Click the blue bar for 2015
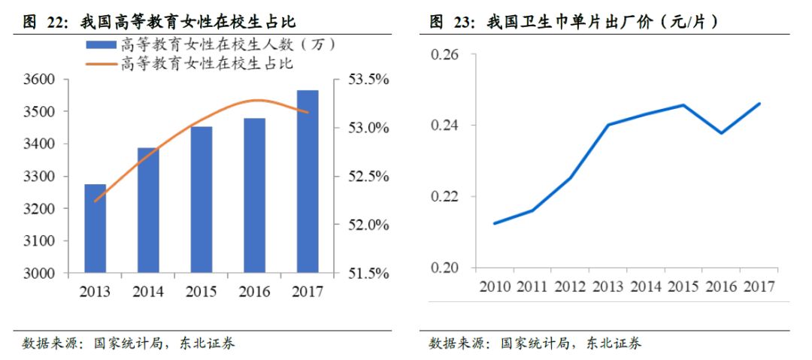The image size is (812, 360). [201, 199]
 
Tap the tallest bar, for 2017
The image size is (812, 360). [307, 181]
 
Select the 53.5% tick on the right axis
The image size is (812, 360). [366, 80]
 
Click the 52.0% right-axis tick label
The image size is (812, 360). [366, 225]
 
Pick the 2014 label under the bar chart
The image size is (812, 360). [148, 291]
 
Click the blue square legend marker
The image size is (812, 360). [101, 44]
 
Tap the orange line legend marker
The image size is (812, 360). [101, 63]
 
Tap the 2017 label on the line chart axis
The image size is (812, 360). [759, 286]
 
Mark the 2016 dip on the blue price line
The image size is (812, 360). [722, 133]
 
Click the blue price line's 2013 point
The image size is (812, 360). [607, 125]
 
